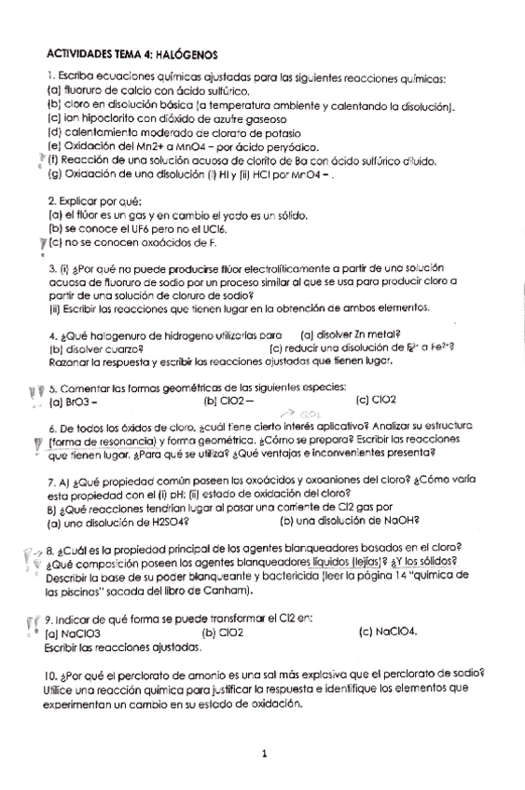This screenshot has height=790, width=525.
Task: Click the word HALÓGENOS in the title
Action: (183, 56)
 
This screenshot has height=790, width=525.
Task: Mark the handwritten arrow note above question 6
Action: (310, 411)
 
